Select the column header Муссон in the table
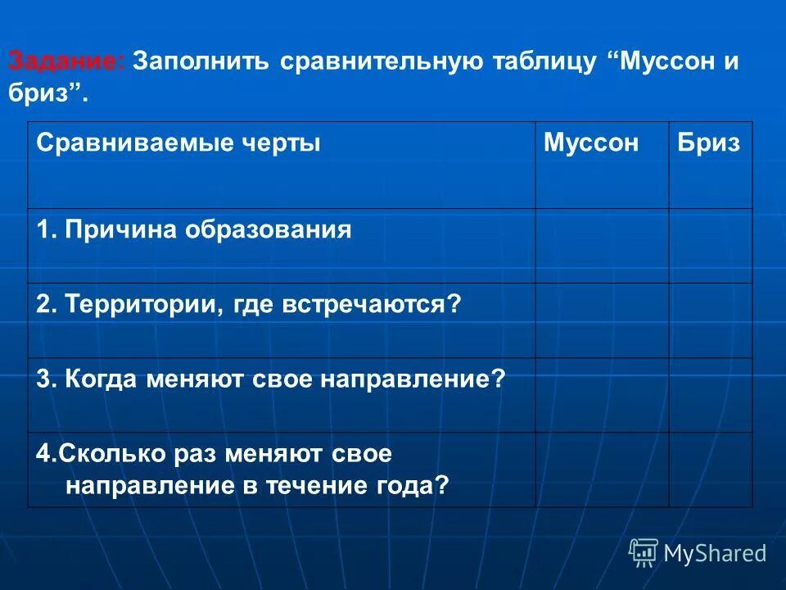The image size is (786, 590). point(590,143)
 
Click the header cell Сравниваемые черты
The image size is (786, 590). point(178,143)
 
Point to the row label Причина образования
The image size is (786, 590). point(194,230)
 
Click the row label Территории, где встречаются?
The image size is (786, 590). point(249,305)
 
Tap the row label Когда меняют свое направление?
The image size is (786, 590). point(271,379)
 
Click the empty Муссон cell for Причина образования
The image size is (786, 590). point(602,246)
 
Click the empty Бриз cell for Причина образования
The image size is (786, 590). point(710,246)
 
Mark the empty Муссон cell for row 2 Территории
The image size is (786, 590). point(602,320)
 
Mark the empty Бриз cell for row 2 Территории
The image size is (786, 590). point(710,320)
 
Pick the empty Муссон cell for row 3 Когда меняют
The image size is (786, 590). point(602,395)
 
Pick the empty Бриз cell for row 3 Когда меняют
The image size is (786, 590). point(710,395)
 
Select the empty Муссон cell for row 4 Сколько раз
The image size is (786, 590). point(602,470)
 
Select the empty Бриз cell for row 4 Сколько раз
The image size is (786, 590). point(710,470)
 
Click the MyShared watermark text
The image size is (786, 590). point(715,554)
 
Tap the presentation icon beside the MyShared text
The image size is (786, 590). point(644,553)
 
